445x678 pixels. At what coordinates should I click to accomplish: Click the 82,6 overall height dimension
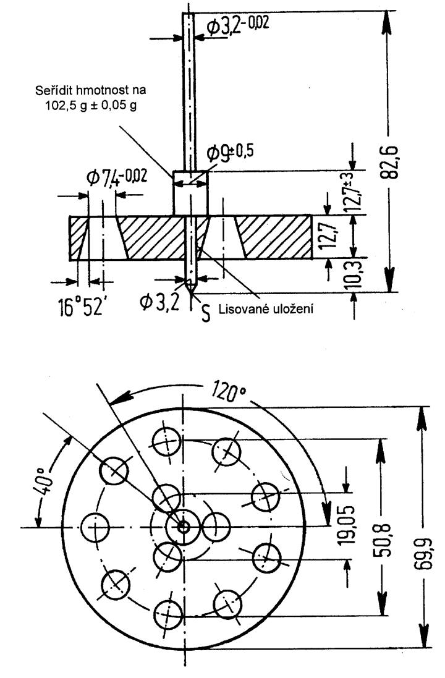[390, 162]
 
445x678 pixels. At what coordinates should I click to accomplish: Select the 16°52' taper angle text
[82, 307]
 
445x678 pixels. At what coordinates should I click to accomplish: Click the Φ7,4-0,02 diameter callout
[116, 177]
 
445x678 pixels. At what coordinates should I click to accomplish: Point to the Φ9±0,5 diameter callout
[230, 151]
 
